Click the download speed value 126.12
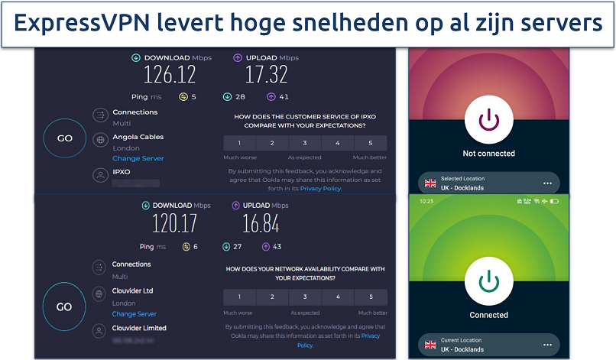click(x=170, y=74)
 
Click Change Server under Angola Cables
click(x=138, y=158)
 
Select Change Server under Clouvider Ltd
click(x=134, y=313)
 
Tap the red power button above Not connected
click(x=488, y=119)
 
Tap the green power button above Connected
click(x=488, y=281)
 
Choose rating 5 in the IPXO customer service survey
click(x=371, y=143)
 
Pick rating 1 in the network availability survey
click(x=239, y=297)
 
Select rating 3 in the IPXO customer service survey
click(x=305, y=143)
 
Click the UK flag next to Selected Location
click(x=430, y=183)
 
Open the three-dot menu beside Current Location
click(x=547, y=344)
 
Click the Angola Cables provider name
click(x=138, y=137)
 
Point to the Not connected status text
click(x=488, y=154)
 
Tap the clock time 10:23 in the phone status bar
click(x=426, y=201)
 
